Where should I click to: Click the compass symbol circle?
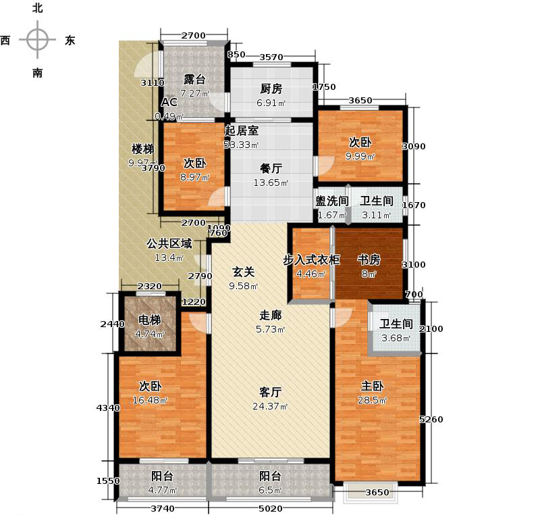37,39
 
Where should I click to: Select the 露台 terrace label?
194,79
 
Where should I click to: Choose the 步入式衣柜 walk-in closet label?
311,260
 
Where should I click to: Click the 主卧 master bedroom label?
373,386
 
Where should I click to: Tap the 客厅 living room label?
271,391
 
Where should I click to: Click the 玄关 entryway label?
244,272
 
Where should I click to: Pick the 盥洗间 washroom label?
331,201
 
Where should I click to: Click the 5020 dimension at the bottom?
271,508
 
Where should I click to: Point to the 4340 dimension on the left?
108,408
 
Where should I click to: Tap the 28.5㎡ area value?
373,401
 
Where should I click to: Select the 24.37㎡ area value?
273,406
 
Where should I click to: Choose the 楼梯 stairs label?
142,149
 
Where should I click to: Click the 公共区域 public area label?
169,243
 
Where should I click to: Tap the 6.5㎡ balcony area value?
272,490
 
